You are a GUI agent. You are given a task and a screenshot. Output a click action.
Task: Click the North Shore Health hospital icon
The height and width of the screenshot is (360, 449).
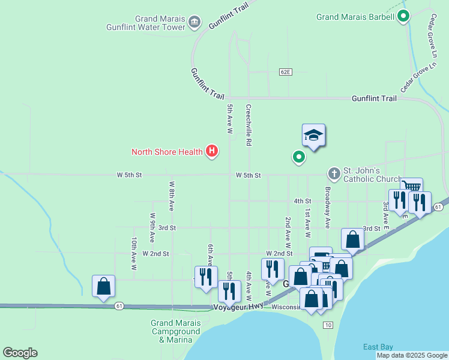[x=211, y=151]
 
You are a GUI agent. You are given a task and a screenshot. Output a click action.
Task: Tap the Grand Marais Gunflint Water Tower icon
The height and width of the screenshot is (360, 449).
[x=194, y=23]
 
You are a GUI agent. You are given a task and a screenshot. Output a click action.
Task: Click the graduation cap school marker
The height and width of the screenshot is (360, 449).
[x=313, y=136]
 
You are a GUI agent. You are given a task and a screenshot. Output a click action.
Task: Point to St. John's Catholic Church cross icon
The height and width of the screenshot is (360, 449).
[x=334, y=174]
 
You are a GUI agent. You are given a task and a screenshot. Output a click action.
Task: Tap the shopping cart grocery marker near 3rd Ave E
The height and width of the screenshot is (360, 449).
[x=411, y=188]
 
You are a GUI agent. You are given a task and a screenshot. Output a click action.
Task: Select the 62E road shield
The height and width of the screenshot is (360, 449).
[x=285, y=72]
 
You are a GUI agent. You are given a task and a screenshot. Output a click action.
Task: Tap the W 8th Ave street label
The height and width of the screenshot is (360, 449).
[x=172, y=196]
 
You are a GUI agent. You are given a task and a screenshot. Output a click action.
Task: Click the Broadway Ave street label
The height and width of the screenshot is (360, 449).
[x=328, y=208]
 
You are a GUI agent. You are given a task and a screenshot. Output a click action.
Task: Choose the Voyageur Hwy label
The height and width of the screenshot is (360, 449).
[x=238, y=307]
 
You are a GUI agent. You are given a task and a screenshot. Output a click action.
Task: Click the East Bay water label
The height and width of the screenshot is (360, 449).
[x=378, y=347]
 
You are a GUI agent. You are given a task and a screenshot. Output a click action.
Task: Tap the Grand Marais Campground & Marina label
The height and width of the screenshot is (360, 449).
[x=175, y=331]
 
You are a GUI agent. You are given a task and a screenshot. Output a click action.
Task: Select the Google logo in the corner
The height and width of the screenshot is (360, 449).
[x=20, y=353]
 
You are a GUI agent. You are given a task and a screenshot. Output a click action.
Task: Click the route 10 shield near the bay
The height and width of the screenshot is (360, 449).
[x=327, y=325]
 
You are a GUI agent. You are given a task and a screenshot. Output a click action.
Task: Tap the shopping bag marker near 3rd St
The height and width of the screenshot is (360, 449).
[x=353, y=239]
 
